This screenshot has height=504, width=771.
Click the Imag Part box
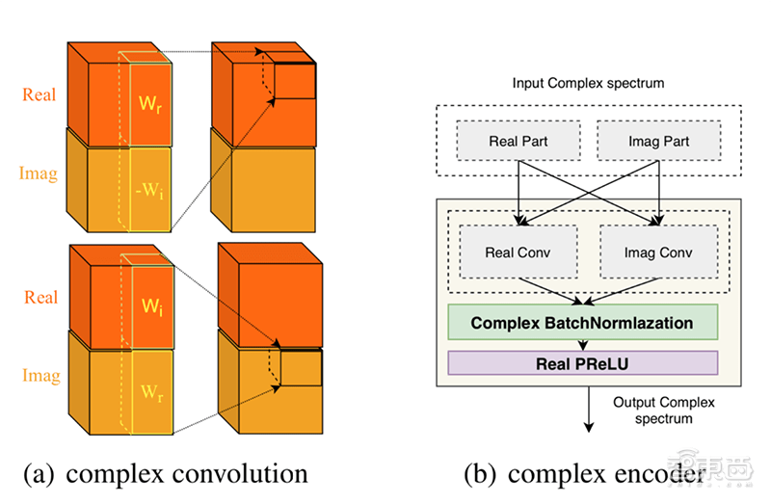[659, 142]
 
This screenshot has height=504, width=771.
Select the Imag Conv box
[659, 253]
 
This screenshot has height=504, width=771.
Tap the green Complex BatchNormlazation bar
[581, 322]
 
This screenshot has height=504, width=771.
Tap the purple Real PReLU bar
[581, 363]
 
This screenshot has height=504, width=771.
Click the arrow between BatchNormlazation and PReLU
[581, 344]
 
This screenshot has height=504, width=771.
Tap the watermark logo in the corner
[729, 472]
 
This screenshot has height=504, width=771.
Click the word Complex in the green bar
[508, 322]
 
